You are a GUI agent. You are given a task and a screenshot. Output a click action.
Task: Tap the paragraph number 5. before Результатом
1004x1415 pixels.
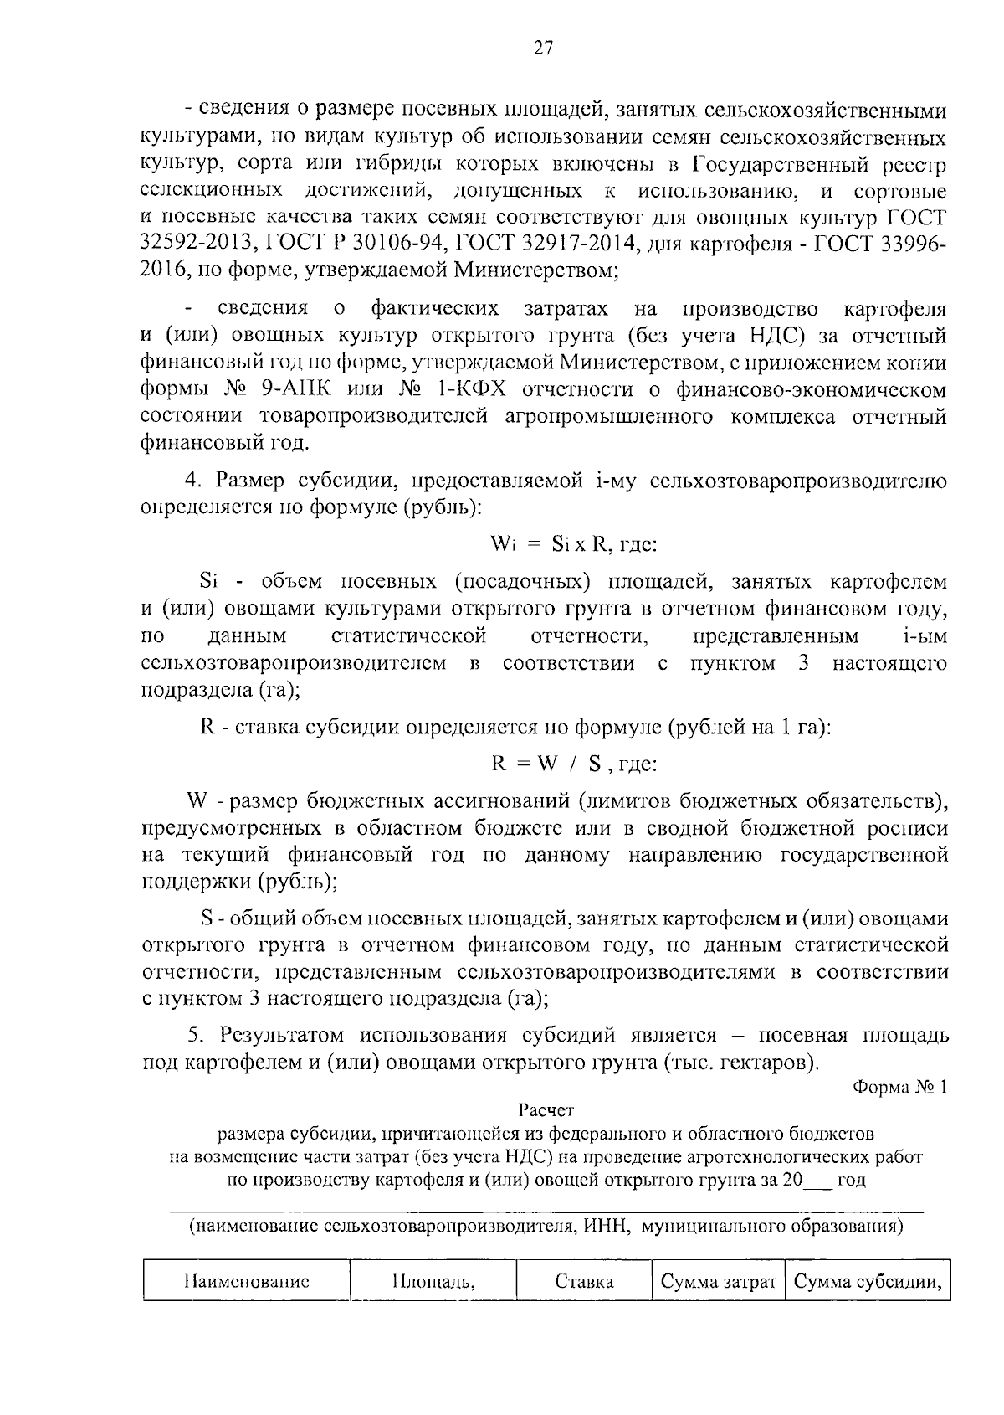(x=196, y=1035)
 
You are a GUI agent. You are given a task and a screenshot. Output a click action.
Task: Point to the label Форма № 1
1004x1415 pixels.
(x=899, y=1088)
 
